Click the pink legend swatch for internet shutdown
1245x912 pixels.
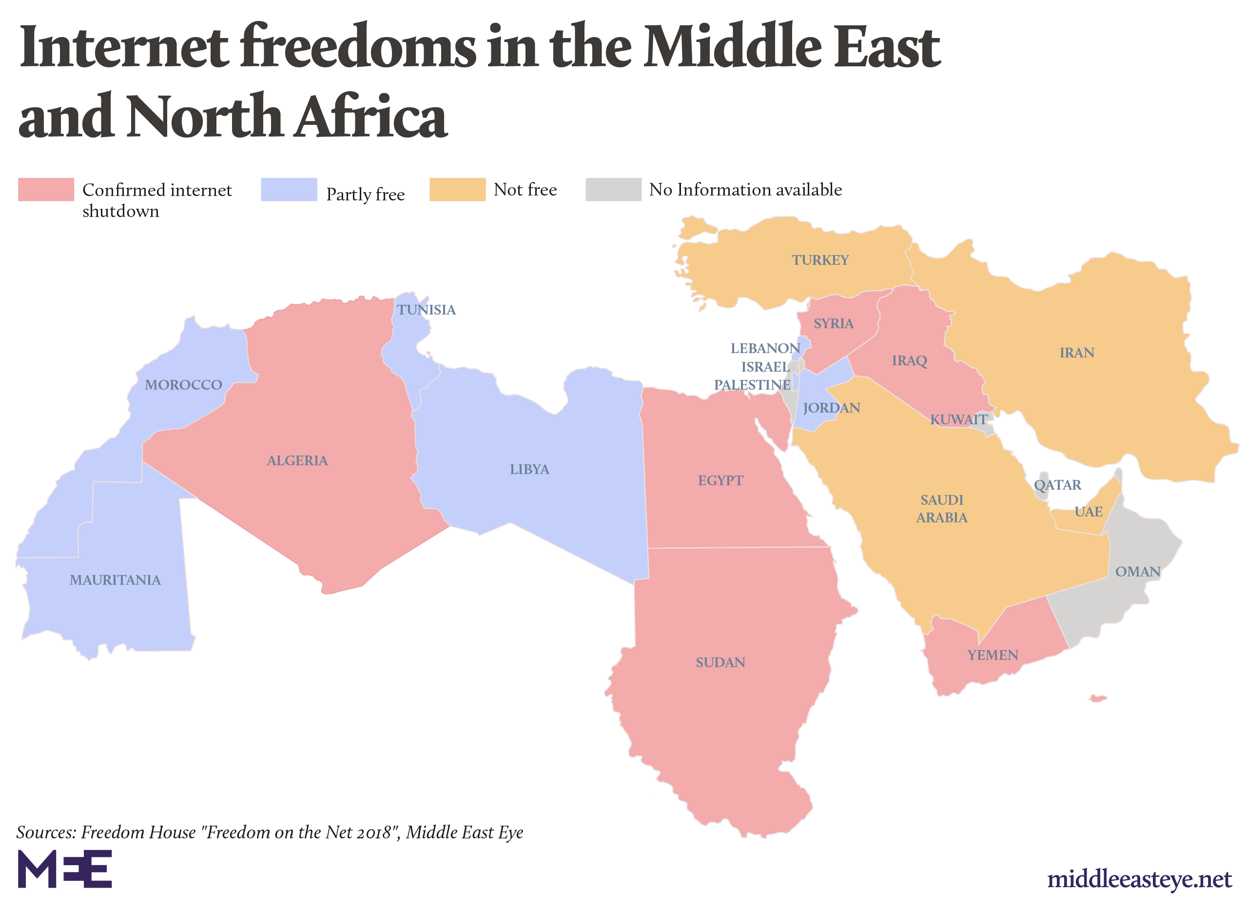[x=46, y=189]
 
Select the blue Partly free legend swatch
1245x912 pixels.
[x=289, y=189]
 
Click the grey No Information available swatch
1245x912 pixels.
[x=613, y=189]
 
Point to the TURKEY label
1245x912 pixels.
[x=819, y=259]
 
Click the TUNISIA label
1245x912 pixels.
[x=426, y=310]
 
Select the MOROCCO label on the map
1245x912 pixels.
[x=183, y=385]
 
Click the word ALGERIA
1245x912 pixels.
[x=297, y=460]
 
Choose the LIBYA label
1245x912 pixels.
[x=529, y=469]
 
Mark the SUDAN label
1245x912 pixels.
[x=720, y=662]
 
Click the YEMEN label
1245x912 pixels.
[x=992, y=655]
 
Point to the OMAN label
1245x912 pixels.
[x=1137, y=572]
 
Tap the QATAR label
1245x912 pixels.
[x=1057, y=485]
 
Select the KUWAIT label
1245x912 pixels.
[x=958, y=419]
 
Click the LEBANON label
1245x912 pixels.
[x=764, y=348]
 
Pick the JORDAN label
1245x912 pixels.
[x=831, y=408]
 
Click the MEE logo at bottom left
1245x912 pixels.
[x=64, y=869]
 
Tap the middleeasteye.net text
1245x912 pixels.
[x=1139, y=878]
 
